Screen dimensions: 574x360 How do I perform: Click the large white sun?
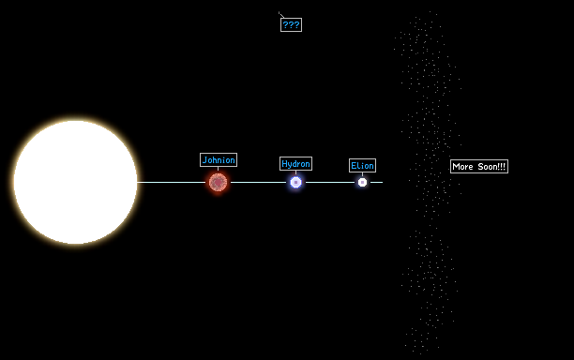click(x=75, y=182)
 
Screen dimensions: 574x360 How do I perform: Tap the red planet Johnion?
click(x=218, y=182)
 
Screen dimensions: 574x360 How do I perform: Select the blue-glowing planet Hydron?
click(x=295, y=182)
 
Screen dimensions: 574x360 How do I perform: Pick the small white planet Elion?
click(x=362, y=182)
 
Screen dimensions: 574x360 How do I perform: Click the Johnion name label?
click(x=219, y=160)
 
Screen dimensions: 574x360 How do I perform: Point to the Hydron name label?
click(x=295, y=163)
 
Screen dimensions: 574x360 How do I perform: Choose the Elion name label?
click(x=362, y=165)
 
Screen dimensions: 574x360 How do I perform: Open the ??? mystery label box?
click(x=291, y=25)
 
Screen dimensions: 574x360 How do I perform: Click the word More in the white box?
click(x=462, y=167)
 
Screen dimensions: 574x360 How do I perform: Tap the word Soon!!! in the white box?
click(x=491, y=167)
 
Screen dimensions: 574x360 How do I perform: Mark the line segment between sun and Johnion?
click(x=172, y=182)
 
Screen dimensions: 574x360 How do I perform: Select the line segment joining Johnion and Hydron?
click(x=259, y=182)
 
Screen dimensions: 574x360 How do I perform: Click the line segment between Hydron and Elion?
click(x=330, y=182)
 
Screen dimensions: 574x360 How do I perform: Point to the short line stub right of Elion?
click(x=377, y=182)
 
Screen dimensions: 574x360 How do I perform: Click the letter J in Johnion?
click(x=204, y=160)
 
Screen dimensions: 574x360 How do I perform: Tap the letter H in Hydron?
click(x=284, y=163)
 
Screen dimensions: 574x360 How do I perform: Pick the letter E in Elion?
click(x=354, y=165)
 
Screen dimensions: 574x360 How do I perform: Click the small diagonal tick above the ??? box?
click(x=281, y=15)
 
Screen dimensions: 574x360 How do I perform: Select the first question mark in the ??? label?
click(x=285, y=25)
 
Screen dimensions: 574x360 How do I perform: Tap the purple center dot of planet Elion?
click(x=362, y=182)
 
